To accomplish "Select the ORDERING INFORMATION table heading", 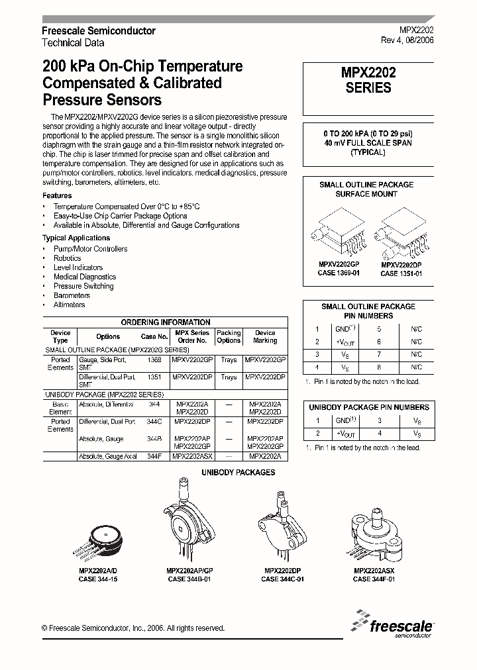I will [166, 322].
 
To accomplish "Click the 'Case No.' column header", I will [154, 336].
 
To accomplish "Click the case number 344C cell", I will [154, 421].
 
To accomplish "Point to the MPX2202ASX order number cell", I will [191, 457].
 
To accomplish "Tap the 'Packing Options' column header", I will [229, 336].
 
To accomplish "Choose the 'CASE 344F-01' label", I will [374, 579].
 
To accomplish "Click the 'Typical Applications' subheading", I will [76, 238].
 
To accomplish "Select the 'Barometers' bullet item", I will [72, 295].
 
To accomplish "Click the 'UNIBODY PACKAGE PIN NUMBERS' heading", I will [368, 407].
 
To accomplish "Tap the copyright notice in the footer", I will [132, 628].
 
